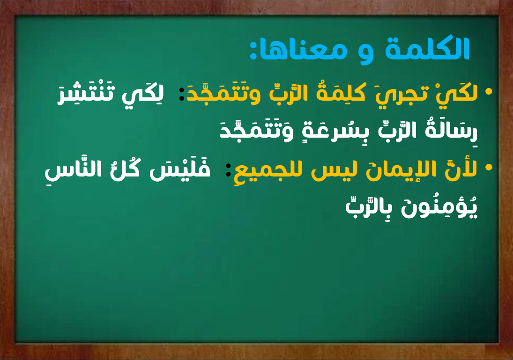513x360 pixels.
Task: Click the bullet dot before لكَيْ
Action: click(489, 92)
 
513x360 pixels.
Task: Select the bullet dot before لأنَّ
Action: click(489, 168)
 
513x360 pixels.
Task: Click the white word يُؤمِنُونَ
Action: click(439, 206)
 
